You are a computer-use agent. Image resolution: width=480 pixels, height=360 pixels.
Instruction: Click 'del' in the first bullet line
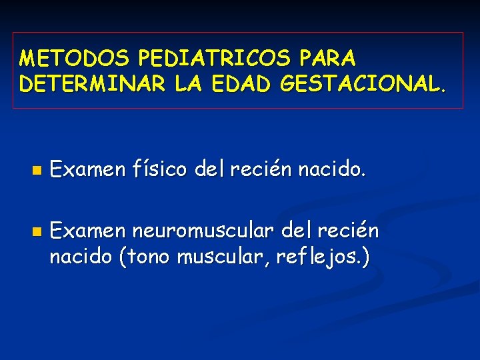pyautogui.click(x=211, y=170)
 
